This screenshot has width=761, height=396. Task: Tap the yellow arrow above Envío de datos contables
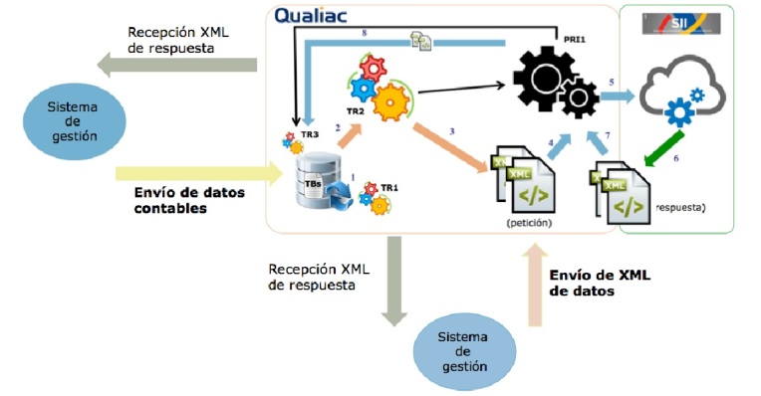(188, 172)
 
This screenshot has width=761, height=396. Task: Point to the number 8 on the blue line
(365, 36)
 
